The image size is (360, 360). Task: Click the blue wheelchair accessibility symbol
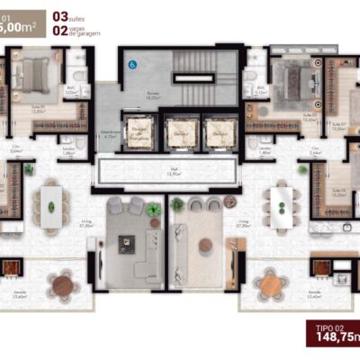(x=131, y=64)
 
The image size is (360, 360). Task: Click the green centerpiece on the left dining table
(x=50, y=206)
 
